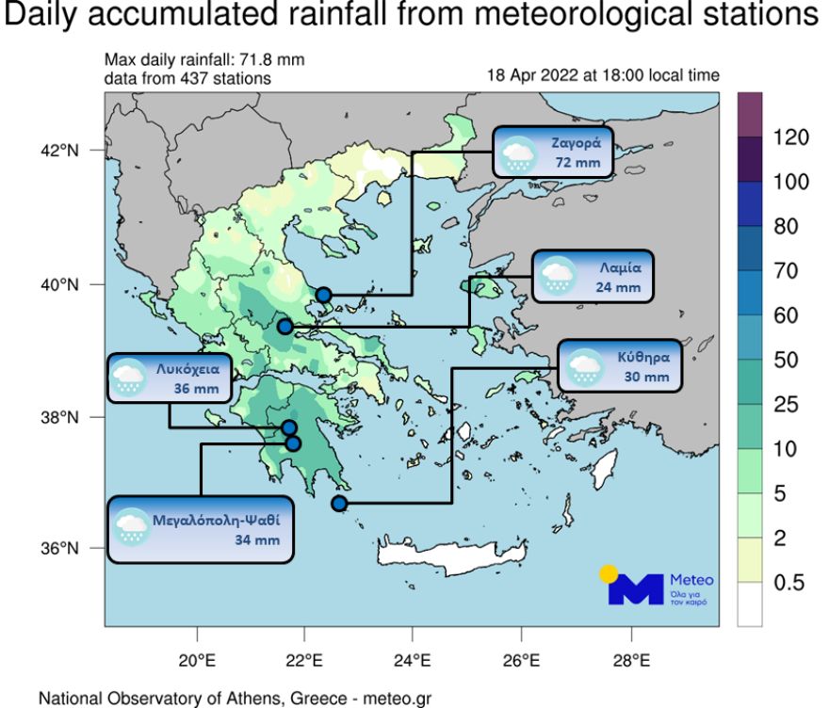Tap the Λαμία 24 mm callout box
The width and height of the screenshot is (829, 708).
coord(593,276)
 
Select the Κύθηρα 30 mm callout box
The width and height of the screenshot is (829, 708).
coord(619,366)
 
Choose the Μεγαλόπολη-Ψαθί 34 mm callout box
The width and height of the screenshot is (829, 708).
coord(201,528)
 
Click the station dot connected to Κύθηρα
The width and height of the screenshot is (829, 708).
coord(339,504)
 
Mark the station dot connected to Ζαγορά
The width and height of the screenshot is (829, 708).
coord(323,295)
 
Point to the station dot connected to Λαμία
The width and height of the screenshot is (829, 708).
coord(285,327)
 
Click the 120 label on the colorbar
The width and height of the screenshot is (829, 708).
coord(790,138)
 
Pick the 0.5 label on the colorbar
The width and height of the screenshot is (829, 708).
coord(788,583)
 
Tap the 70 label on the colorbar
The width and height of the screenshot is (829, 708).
coord(786,272)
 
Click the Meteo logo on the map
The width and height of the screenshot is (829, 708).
coord(660,586)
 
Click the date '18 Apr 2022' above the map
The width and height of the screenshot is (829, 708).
coord(533,76)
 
